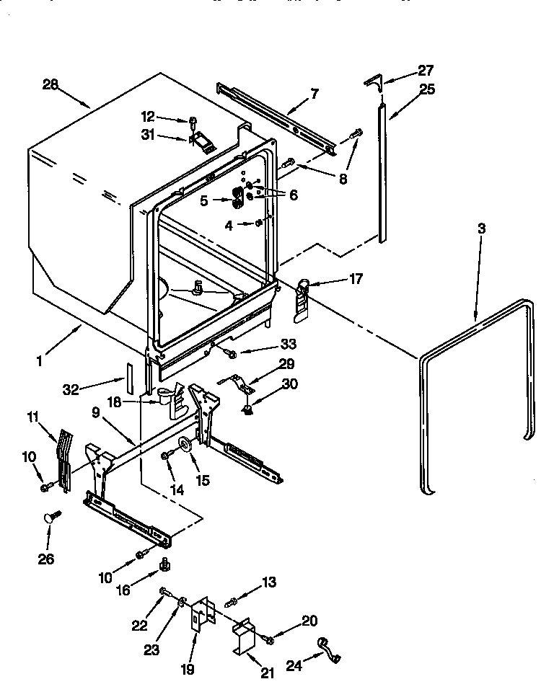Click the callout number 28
50,84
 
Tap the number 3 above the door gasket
481,229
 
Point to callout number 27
426,70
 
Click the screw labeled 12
193,121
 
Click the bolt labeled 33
230,352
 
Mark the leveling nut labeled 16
164,564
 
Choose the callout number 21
267,673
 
